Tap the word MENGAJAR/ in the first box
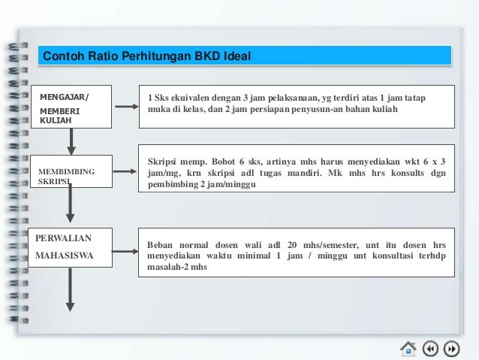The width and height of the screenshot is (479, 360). tap(63, 96)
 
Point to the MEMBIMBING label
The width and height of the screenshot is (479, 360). tap(66, 172)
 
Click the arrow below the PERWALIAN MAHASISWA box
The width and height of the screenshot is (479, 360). tap(71, 289)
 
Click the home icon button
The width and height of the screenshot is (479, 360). tap(408, 348)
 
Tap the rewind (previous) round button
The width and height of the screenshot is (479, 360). tap(430, 348)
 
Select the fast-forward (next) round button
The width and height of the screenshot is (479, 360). tap(452, 348)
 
